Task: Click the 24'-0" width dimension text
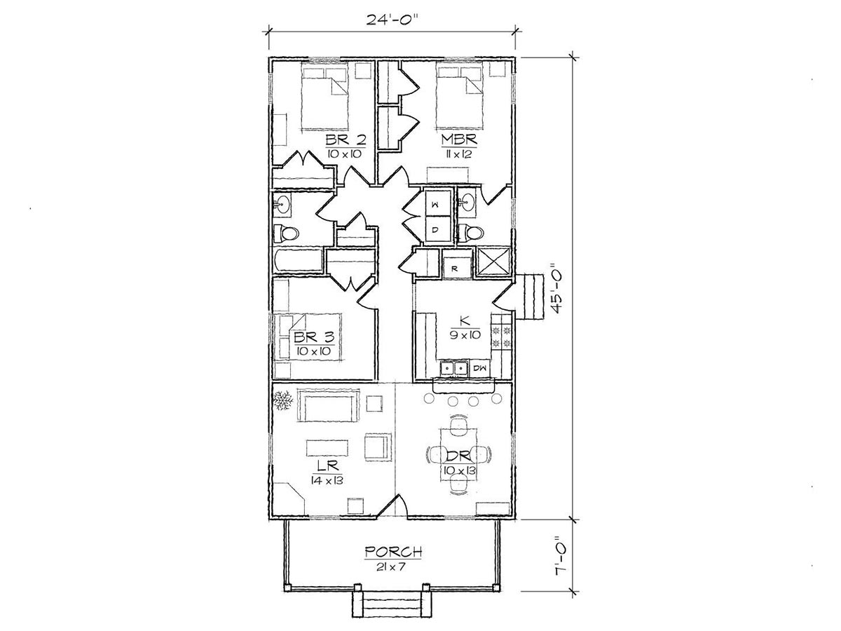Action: point(391,19)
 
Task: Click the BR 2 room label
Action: point(346,140)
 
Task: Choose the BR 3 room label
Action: point(314,337)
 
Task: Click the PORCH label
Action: point(393,552)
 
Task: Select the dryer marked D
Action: point(437,229)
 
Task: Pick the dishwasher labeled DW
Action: point(479,368)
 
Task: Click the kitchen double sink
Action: point(454,368)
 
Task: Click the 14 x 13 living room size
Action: point(327,480)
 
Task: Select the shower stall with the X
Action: point(493,262)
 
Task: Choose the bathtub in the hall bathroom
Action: point(299,261)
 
